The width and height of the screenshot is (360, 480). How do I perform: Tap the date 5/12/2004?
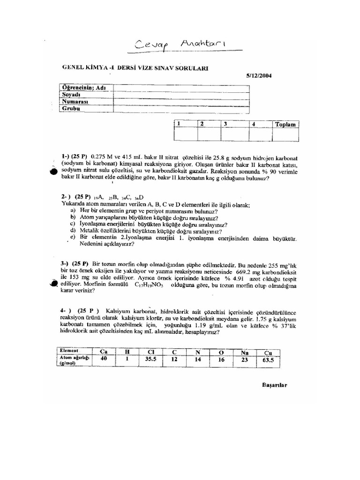pos(259,75)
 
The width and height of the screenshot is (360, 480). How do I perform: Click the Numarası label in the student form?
pos(75,101)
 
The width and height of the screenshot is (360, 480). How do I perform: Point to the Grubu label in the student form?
pos(71,108)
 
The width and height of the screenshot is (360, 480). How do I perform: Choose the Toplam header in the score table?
pos(285,124)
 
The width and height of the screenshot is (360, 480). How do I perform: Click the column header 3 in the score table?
pos(225,124)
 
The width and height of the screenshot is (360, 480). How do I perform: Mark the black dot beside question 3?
pos(53,283)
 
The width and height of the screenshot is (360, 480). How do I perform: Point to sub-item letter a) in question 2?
pos(73,211)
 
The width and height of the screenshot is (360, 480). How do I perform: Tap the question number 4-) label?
pos(66,311)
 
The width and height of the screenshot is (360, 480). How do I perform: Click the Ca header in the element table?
pos(104,351)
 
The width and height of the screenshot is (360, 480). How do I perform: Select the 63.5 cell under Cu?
pos(268,360)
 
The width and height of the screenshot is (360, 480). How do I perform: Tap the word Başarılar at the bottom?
pos(274,385)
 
